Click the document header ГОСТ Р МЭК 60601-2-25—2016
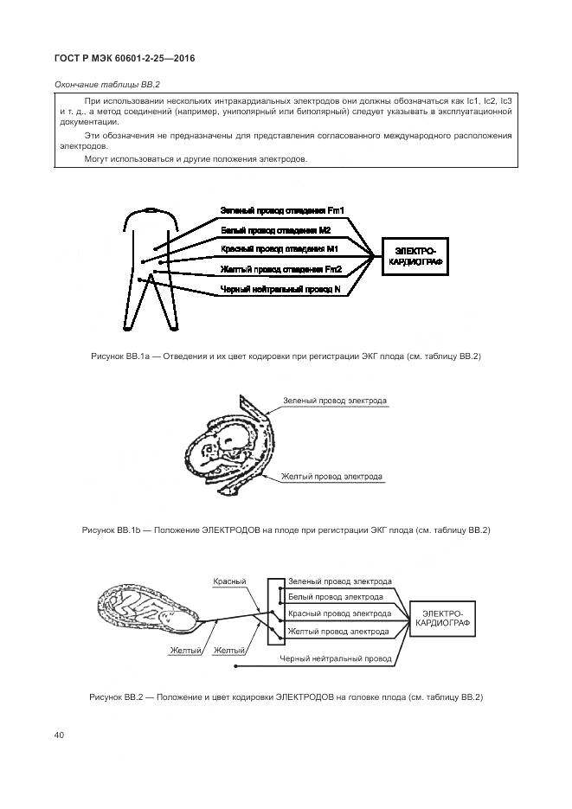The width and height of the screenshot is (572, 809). pyautogui.click(x=125, y=59)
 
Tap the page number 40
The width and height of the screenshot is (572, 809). pyautogui.click(x=59, y=735)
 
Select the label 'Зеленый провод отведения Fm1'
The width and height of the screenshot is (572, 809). pyautogui.click(x=282, y=210)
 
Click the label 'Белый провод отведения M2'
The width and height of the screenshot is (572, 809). pyautogui.click(x=276, y=230)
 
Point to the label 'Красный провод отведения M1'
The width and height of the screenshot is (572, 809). pyautogui.click(x=279, y=249)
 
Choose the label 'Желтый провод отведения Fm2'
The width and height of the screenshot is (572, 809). pyautogui.click(x=280, y=269)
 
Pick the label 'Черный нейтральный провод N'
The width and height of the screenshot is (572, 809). pyautogui.click(x=280, y=288)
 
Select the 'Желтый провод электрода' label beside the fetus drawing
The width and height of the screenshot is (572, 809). pyautogui.click(x=331, y=477)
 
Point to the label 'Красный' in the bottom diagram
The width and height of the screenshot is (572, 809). pyautogui.click(x=229, y=581)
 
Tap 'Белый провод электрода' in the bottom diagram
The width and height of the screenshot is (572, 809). pyautogui.click(x=336, y=597)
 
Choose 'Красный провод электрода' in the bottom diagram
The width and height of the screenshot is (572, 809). pyautogui.click(x=338, y=613)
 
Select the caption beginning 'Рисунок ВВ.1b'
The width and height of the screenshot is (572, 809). pyautogui.click(x=286, y=530)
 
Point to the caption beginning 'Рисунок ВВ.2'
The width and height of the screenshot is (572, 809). pyautogui.click(x=286, y=697)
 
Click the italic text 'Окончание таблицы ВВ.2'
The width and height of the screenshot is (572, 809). pyautogui.click(x=108, y=85)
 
